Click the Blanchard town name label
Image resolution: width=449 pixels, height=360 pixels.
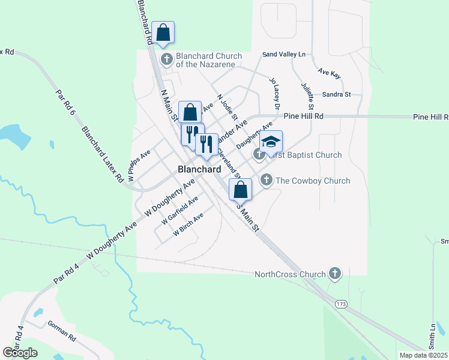coord(199,169)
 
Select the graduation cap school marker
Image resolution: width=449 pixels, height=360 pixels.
coord(271,142)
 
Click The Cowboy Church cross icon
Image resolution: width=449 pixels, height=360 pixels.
coord(266,179)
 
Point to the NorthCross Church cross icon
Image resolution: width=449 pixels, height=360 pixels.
coord(335,274)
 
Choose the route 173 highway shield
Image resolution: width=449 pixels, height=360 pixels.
coord(341,305)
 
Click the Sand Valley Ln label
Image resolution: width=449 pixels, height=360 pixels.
coord(284,55)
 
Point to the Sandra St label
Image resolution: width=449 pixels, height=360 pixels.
coord(336,94)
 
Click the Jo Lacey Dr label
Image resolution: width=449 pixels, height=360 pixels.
coord(275,93)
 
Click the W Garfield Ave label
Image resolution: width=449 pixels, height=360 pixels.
coord(180,211)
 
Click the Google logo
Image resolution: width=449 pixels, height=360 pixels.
coord(20,352)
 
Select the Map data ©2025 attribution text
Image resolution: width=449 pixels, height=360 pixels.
coord(424,355)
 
